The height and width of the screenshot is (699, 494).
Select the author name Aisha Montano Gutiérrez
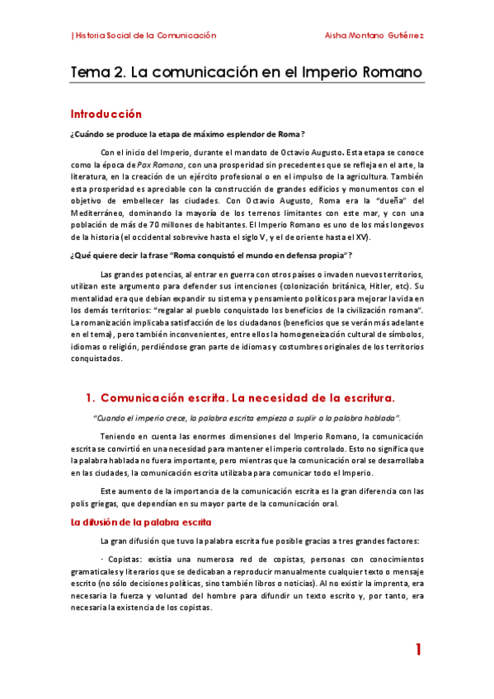pos(376,35)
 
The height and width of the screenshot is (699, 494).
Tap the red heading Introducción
pos(106,115)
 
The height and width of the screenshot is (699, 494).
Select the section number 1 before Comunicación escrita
pos(91,397)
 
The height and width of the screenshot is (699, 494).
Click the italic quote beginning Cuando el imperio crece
pos(247,417)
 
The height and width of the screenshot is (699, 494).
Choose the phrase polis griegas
pos(96,502)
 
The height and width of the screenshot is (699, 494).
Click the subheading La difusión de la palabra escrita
pos(141,522)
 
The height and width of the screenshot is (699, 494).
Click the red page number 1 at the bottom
pos(418,650)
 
